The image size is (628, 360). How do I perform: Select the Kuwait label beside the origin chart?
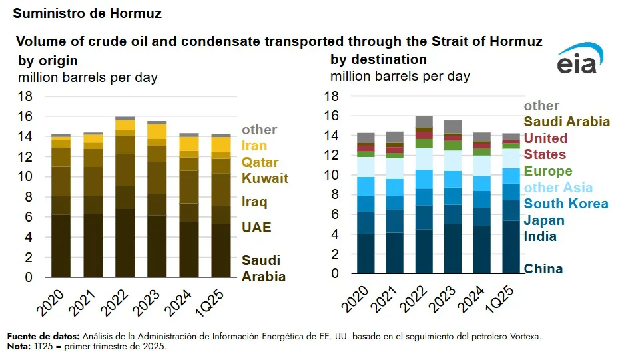click(264, 178)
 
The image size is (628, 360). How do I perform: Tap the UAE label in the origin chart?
click(256, 228)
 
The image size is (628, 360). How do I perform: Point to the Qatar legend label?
click(260, 162)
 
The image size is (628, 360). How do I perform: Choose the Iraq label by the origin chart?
click(255, 202)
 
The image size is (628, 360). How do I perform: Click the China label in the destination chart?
click(543, 269)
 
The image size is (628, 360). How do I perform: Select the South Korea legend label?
click(566, 204)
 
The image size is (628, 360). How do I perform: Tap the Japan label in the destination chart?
click(544, 220)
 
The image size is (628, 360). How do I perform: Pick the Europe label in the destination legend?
click(549, 171)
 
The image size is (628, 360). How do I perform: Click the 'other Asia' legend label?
click(558, 188)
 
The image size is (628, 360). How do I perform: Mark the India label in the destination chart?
click(540, 236)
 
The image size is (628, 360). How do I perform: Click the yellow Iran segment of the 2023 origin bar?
click(157, 131)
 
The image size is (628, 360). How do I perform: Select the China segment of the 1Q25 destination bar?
click(511, 247)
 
